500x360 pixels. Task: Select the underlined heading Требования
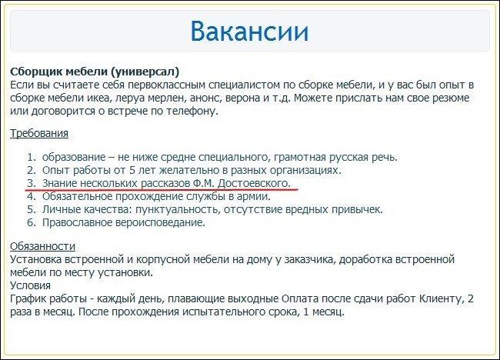pos(39,133)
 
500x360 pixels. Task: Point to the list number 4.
pos(32,196)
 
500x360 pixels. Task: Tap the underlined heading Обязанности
pos(42,246)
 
